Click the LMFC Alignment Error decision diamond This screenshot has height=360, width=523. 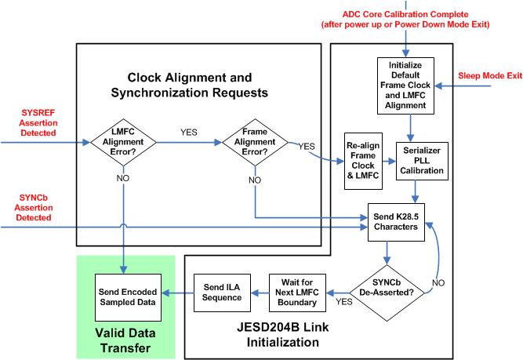pyautogui.click(x=123, y=144)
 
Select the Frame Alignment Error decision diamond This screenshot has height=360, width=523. pyautogui.click(x=255, y=144)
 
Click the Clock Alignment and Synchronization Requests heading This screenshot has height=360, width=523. pyautogui.click(x=191, y=85)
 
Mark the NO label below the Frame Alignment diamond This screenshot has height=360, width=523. pyautogui.click(x=256, y=180)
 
